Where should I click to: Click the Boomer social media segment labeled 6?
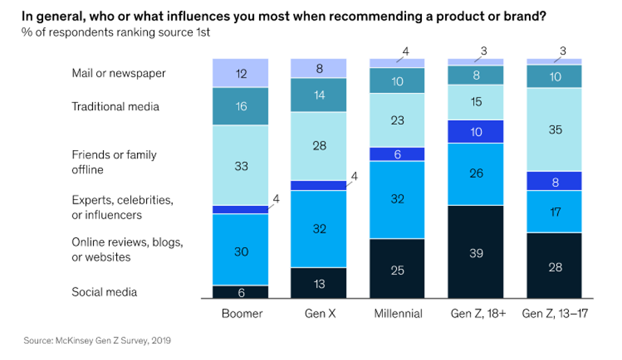coord(241,292)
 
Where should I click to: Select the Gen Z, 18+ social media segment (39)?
coord(476,252)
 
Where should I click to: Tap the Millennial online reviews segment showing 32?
coord(397,199)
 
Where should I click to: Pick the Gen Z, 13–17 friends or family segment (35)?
coord(555,130)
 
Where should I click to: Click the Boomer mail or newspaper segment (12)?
coord(241,73)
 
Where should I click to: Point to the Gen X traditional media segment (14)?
coord(319,95)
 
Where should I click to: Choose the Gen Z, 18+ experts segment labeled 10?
coord(476,132)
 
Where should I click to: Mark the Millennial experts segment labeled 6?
coord(397,153)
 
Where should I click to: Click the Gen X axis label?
coord(319,314)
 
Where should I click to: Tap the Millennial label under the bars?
coord(397,314)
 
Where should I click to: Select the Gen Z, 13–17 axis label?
coord(555,314)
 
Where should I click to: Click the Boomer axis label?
coord(241,314)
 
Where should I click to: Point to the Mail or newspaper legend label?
coord(118,73)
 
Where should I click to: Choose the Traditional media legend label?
coord(115,106)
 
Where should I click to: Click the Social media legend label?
coord(104,292)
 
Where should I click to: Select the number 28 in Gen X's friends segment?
coord(319,145)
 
